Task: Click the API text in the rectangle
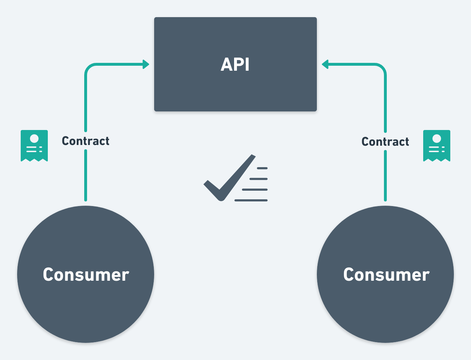tap(235, 65)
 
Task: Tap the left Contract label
tap(86, 141)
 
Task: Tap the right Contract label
tap(385, 142)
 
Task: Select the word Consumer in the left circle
tap(86, 275)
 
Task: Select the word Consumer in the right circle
tap(386, 275)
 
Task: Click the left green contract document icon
tap(34, 145)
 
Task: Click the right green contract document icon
tap(437, 145)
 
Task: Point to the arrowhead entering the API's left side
tap(146, 65)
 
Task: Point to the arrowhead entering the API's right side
tap(325, 65)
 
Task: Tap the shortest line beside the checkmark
tap(262, 168)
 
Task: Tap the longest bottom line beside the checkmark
tap(251, 200)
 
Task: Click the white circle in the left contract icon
tap(34, 138)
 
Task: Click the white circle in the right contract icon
tap(437, 138)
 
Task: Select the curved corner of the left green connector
tap(89, 68)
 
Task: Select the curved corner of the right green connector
tap(382, 68)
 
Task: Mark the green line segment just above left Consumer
tap(86, 175)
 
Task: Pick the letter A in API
tap(227, 65)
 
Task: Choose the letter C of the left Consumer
tap(49, 275)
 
